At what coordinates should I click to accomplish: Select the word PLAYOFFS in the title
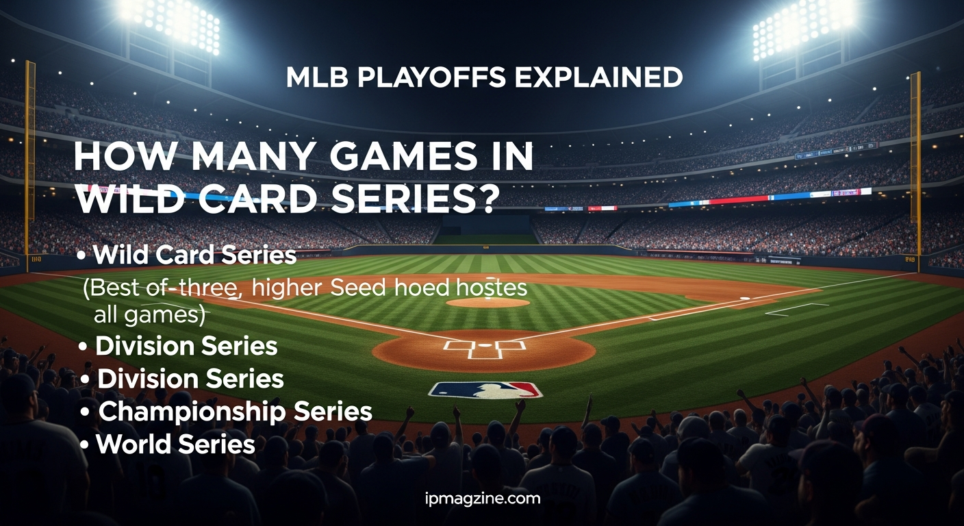click(429, 77)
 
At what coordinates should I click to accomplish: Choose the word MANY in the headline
click(247, 158)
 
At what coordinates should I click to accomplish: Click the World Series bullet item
click(175, 444)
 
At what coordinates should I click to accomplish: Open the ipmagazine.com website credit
click(482, 498)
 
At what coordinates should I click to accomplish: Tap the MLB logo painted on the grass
click(485, 390)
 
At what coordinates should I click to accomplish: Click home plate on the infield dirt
click(485, 346)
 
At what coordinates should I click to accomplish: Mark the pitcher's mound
click(487, 302)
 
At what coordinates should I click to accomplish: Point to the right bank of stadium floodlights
click(802, 25)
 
